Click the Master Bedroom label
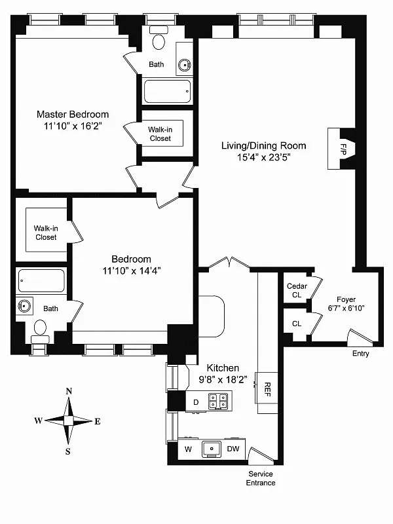73,115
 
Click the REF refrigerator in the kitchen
267,388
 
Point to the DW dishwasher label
233,449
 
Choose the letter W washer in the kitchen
187,449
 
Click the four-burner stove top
218,400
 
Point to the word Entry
360,354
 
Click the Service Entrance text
261,478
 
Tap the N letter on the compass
69,392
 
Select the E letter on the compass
98,421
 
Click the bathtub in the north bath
168,92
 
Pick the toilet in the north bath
159,43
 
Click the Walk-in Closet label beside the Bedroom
45,233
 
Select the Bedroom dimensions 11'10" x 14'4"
131,270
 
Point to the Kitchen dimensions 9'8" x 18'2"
223,379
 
